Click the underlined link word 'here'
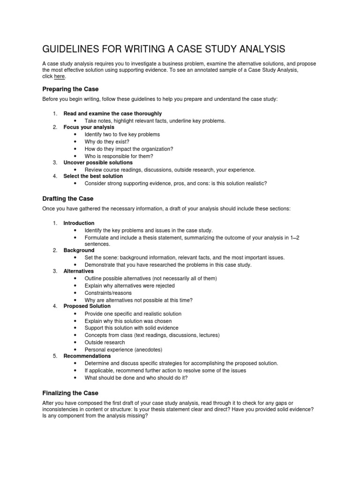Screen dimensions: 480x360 coord(59,76)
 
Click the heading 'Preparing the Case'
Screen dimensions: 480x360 coord(70,89)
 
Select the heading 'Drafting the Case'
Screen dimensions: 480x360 coord(68,199)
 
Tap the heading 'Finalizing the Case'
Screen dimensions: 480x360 coord(70,393)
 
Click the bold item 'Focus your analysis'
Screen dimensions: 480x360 coord(89,127)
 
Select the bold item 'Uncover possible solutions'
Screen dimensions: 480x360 coord(98,163)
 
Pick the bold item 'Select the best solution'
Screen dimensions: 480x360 coord(93,176)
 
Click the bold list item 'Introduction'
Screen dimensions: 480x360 coord(79,223)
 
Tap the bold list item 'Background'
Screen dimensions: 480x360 coord(79,250)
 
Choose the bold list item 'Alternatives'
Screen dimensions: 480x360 coord(78,271)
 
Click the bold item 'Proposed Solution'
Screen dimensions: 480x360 coord(87,306)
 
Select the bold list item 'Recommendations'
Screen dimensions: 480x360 coord(87,356)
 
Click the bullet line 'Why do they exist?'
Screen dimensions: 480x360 coord(107,142)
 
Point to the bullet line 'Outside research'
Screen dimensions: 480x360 coord(105,342)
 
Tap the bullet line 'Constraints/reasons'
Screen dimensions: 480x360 coord(108,293)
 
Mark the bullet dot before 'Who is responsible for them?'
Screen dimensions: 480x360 coord(75,156)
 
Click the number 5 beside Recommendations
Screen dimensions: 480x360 coord(55,356)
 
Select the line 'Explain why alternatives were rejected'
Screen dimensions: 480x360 coord(130,285)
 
